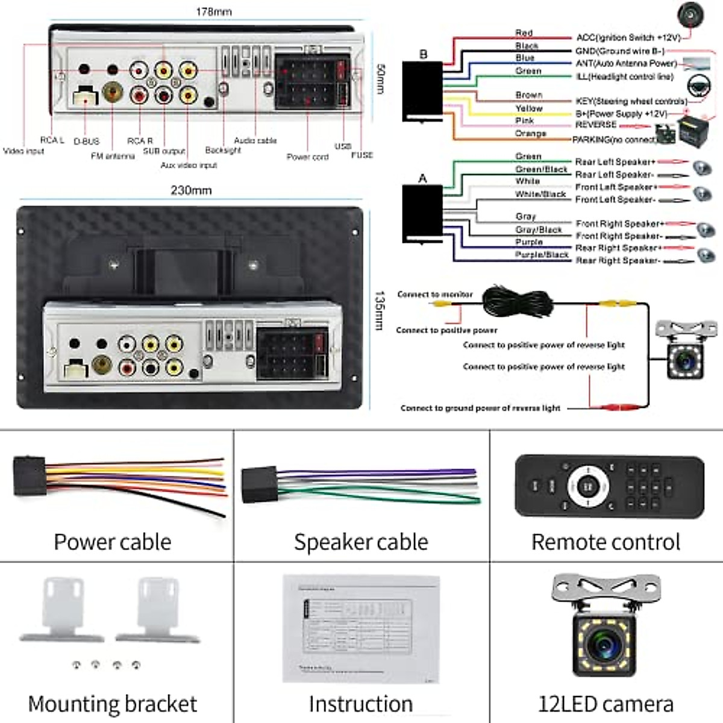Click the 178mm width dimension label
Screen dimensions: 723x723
point(213,11)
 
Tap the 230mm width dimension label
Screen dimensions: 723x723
point(191,190)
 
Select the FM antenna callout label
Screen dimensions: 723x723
point(113,156)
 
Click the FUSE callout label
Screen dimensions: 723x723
point(362,155)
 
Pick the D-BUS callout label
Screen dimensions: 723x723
point(86,142)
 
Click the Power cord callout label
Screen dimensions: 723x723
point(307,157)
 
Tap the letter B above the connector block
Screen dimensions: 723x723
point(423,54)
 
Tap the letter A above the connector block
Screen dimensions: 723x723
point(422,178)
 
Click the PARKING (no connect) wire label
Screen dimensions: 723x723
point(615,140)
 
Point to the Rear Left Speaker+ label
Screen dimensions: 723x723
point(615,161)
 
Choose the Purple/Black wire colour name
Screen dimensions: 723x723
point(542,255)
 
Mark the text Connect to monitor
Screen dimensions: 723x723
point(435,294)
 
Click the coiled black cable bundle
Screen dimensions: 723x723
point(518,301)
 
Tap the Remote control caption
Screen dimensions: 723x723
point(606,542)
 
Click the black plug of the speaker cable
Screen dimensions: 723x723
point(259,484)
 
